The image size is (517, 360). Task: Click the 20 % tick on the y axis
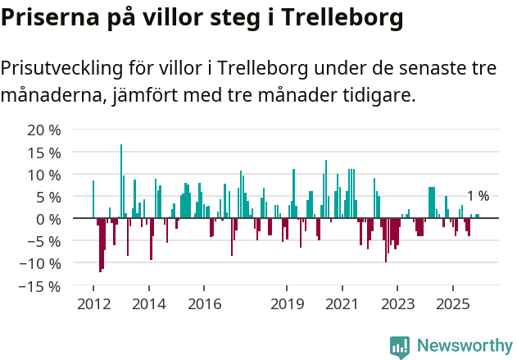(x=44, y=130)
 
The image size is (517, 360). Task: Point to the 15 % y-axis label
(x=44, y=153)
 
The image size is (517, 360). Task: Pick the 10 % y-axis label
(x=44, y=175)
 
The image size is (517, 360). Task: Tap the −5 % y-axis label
(x=44, y=241)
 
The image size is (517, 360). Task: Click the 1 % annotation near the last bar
(x=478, y=196)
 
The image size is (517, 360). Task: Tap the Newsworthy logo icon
(x=400, y=347)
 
